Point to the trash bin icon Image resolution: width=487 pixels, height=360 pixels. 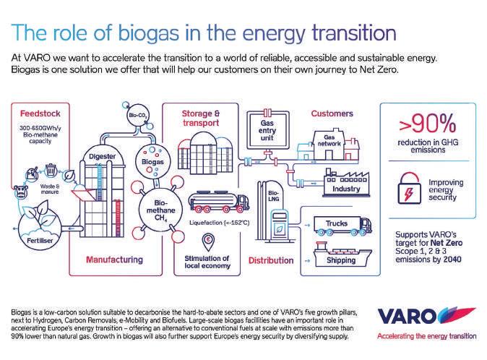(x=51, y=171)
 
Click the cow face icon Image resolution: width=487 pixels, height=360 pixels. (x=22, y=192)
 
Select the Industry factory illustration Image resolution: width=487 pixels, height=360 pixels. (x=346, y=184)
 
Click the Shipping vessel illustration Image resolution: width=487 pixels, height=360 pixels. (x=342, y=254)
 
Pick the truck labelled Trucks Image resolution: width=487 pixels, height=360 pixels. (x=343, y=225)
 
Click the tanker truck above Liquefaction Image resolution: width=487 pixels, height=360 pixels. (x=219, y=202)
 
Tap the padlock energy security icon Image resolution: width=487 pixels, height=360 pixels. (x=410, y=189)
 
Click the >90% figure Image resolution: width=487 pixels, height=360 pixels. (x=428, y=124)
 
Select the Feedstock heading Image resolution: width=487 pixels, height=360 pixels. (x=40, y=113)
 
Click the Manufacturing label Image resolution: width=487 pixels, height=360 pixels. (x=115, y=260)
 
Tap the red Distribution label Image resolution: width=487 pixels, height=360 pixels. (x=271, y=260)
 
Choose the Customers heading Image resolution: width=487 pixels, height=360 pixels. (x=332, y=113)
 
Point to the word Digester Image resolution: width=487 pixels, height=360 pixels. (x=102, y=157)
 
